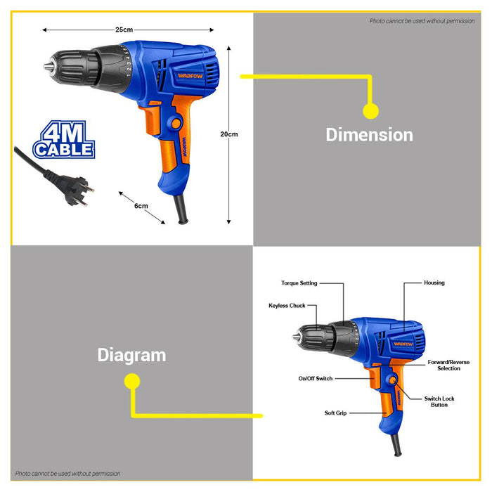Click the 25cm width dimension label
(124, 30)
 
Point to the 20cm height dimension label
(228, 134)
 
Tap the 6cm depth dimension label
(141, 206)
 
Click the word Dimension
(369, 134)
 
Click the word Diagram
(131, 355)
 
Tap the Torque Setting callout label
(299, 283)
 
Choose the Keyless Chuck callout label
(287, 306)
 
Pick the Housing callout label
(434, 283)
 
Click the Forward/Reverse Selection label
(448, 365)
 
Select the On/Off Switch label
(316, 378)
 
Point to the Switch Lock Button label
(439, 402)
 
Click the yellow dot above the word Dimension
(370, 110)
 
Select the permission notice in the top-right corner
(422, 21)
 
